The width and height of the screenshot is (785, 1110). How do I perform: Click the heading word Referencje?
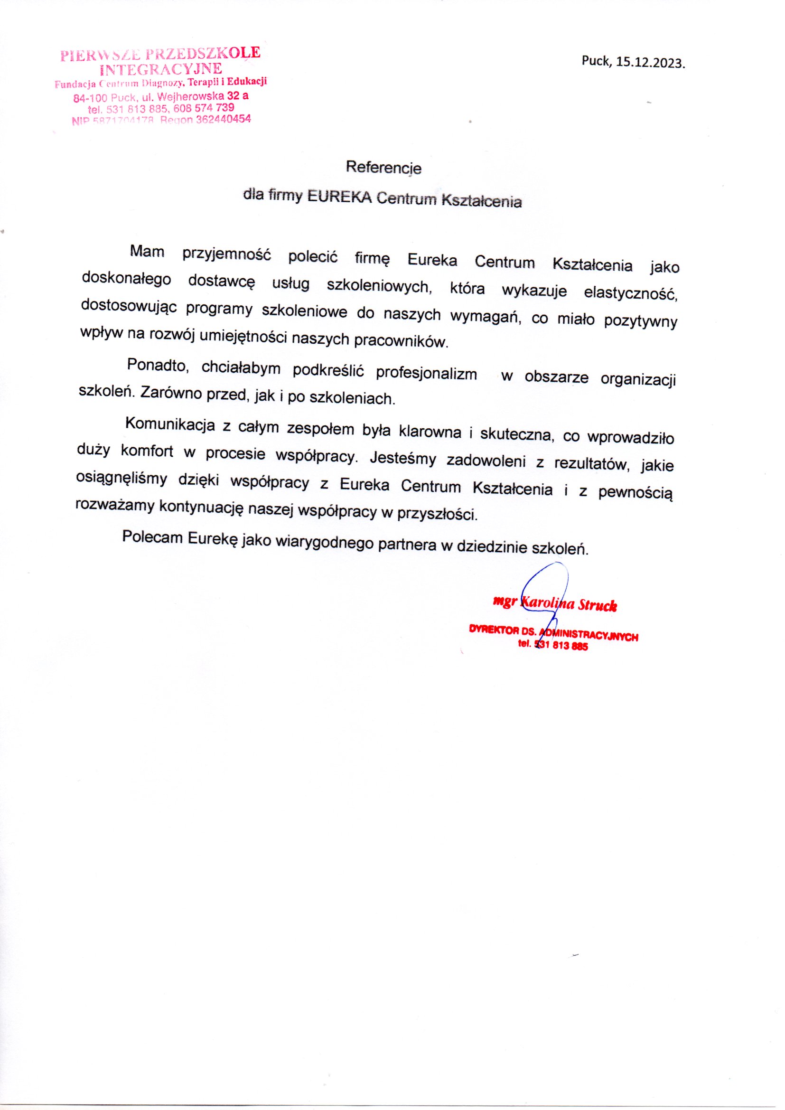[384, 168]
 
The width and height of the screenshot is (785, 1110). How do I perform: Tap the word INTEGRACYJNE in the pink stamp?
[163, 68]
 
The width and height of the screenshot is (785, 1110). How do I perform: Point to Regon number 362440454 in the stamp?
[224, 119]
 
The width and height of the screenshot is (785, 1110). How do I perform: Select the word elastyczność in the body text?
[630, 294]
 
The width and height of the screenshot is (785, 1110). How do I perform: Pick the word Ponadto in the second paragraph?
[157, 366]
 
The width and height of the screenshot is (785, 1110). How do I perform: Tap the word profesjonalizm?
[426, 374]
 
